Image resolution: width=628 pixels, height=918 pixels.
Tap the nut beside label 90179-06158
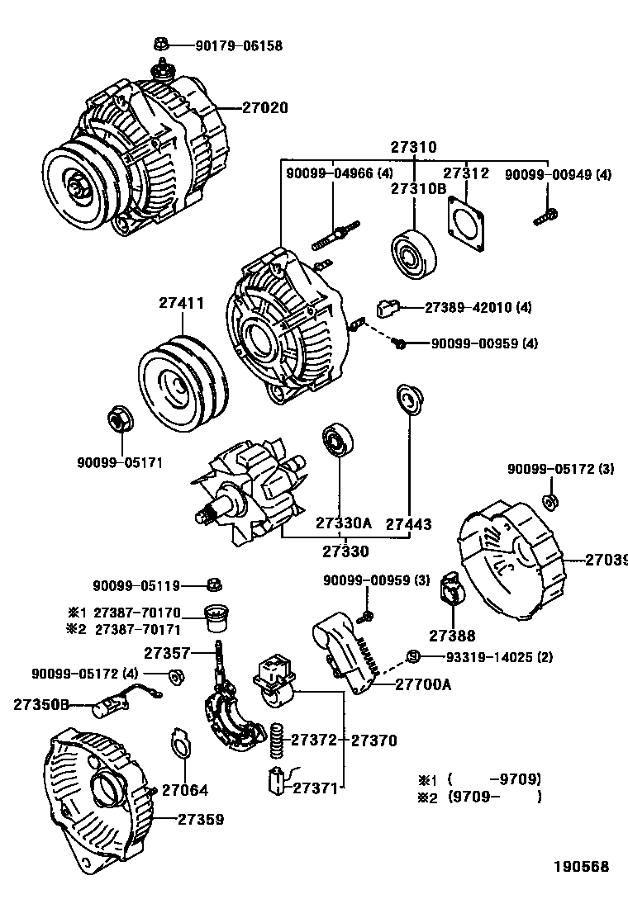pos(163,43)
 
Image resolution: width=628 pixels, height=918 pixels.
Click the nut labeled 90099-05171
pos(117,419)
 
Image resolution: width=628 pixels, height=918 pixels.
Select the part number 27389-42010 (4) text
pos(478,307)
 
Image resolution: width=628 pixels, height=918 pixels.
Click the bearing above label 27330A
pos(338,441)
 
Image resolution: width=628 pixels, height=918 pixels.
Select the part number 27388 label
pos(452,636)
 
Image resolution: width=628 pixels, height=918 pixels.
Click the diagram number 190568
pos(581,867)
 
